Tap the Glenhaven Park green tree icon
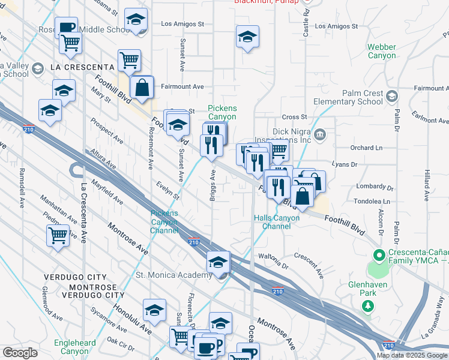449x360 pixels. (367, 307)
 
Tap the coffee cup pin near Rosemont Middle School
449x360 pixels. (67, 26)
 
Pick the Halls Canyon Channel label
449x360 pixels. (276, 222)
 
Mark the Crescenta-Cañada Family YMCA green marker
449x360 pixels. (378, 254)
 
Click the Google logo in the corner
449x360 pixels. (19, 353)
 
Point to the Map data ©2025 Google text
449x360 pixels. (411, 355)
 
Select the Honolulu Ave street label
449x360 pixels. (133, 325)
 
